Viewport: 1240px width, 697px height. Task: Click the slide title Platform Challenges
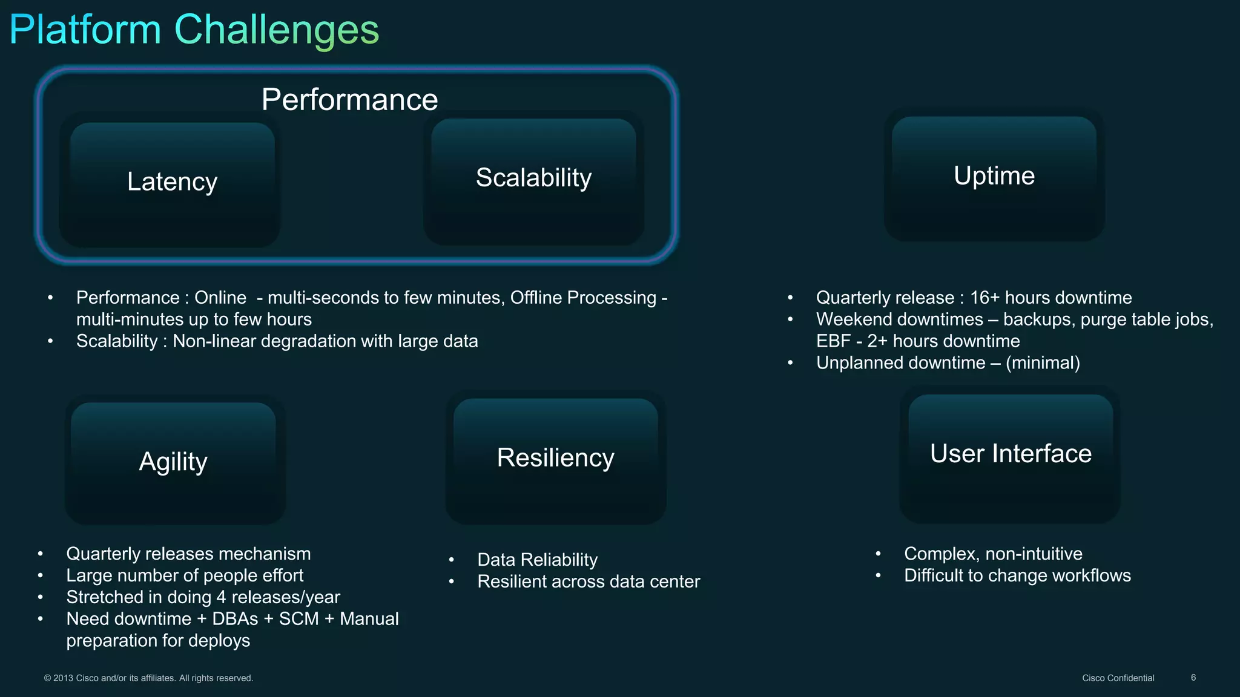[194, 30]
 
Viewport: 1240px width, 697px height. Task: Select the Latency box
[172, 182]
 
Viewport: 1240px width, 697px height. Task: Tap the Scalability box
[533, 178]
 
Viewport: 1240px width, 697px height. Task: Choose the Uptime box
[994, 176]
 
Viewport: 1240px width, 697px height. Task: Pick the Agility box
[173, 462]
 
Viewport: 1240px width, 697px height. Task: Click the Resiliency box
[555, 458]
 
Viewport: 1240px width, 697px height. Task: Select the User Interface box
[1011, 454]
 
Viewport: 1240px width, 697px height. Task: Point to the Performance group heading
[349, 100]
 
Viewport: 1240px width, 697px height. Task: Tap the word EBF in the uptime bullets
[833, 341]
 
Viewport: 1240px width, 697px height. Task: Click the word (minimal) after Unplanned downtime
[1043, 363]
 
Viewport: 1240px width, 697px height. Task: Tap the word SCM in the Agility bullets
[298, 619]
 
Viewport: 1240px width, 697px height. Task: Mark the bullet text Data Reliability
[537, 560]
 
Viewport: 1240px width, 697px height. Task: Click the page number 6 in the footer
[1193, 678]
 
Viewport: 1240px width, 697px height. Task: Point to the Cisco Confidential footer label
[1118, 678]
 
